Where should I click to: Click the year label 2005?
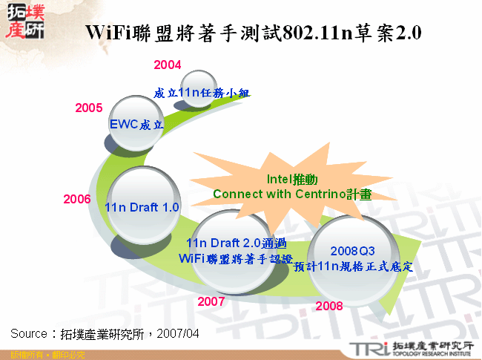pyautogui.click(x=89, y=108)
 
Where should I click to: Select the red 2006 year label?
pyautogui.click(x=77, y=199)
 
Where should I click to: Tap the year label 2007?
pyautogui.click(x=211, y=301)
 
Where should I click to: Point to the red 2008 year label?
pyautogui.click(x=329, y=305)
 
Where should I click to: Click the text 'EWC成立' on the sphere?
pyautogui.click(x=136, y=124)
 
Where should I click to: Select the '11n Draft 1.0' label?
pyautogui.click(x=142, y=207)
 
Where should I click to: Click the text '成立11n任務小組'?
pyautogui.click(x=201, y=93)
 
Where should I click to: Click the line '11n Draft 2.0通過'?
pyautogui.click(x=237, y=243)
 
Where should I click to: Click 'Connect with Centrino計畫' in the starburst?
pyautogui.click(x=292, y=193)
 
